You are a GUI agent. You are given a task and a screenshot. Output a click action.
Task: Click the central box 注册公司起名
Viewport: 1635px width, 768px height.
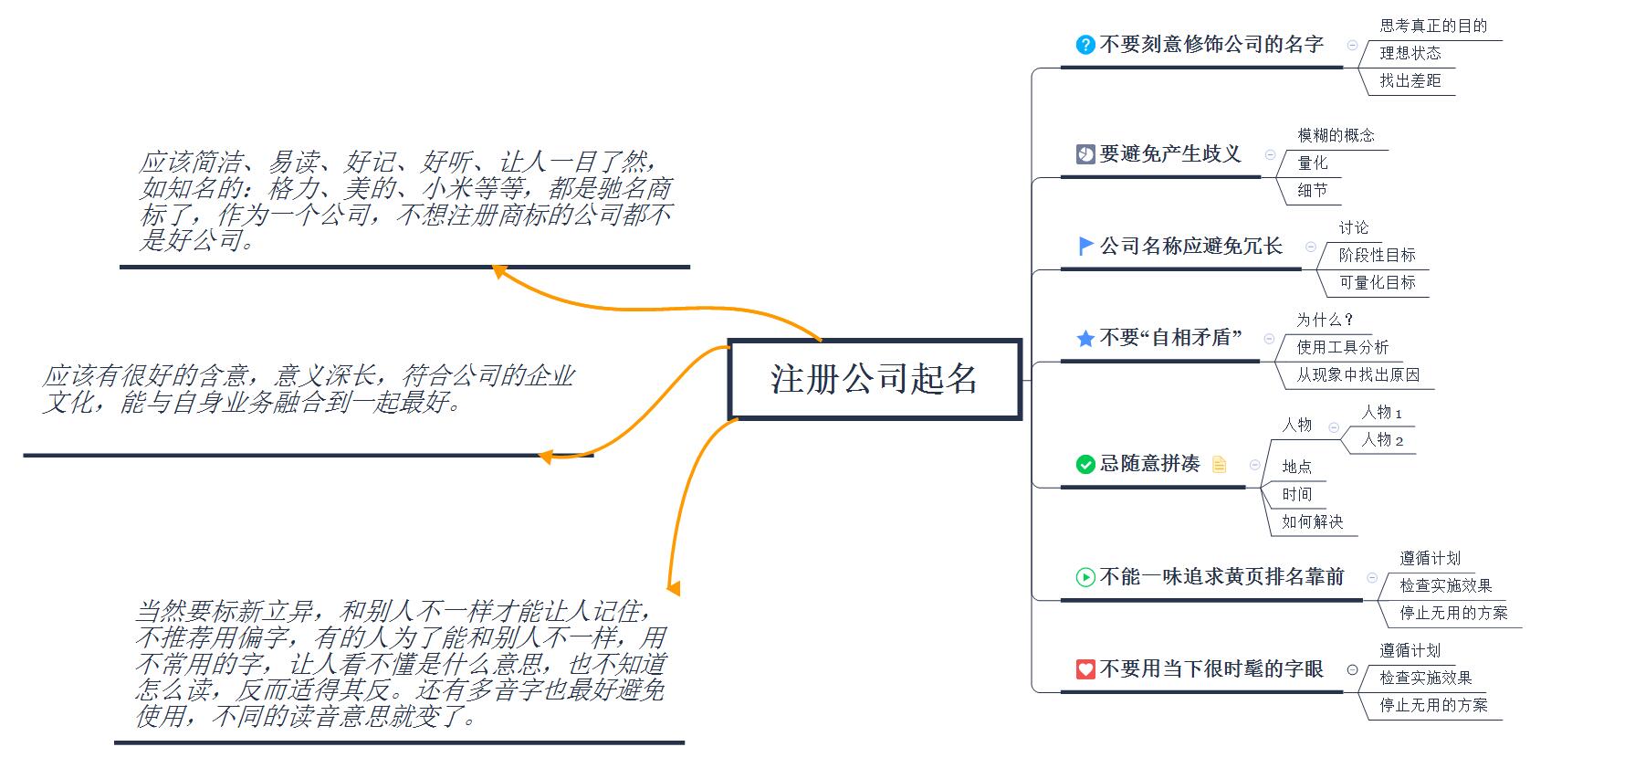pyautogui.click(x=874, y=379)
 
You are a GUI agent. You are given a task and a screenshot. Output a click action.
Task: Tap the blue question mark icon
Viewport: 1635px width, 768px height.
pyautogui.click(x=1085, y=45)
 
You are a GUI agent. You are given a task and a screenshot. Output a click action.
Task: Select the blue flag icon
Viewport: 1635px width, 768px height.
pyautogui.click(x=1085, y=246)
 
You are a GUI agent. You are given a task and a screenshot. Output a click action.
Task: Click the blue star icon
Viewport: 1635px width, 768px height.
pyautogui.click(x=1085, y=339)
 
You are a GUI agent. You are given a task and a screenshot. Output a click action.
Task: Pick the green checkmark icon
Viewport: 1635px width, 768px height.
pyautogui.click(x=1085, y=465)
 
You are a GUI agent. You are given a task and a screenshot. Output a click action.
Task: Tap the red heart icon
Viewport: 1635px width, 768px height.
pyautogui.click(x=1085, y=669)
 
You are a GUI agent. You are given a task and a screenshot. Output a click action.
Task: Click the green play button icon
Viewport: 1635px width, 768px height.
pyautogui.click(x=1085, y=577)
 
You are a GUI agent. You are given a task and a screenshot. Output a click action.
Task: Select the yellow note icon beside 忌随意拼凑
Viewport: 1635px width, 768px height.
pyautogui.click(x=1220, y=465)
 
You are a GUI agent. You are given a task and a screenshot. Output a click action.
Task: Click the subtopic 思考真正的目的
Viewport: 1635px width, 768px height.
pyautogui.click(x=1433, y=26)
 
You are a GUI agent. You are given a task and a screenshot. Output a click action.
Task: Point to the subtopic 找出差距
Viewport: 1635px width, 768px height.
pyautogui.click(x=1410, y=80)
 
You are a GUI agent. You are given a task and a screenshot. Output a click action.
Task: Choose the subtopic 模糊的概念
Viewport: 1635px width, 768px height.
pyautogui.click(x=1336, y=135)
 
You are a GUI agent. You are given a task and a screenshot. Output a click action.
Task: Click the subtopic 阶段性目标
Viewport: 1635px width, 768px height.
pyautogui.click(x=1377, y=255)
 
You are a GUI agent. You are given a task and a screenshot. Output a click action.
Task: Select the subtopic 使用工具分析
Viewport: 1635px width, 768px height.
pyautogui.click(x=1342, y=347)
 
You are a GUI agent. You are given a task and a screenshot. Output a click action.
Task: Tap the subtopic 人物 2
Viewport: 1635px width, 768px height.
pyautogui.click(x=1382, y=440)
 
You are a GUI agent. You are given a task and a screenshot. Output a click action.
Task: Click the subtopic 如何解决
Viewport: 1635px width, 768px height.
pyautogui.click(x=1312, y=521)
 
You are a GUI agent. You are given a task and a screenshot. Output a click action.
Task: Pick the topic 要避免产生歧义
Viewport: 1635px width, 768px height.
pyautogui.click(x=1170, y=153)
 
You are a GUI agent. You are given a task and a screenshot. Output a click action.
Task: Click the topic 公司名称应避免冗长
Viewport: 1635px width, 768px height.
pyautogui.click(x=1190, y=246)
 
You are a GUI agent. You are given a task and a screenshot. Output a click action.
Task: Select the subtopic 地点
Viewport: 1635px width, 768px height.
pyautogui.click(x=1296, y=467)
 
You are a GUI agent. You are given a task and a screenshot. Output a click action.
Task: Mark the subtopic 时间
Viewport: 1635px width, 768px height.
pyautogui.click(x=1296, y=494)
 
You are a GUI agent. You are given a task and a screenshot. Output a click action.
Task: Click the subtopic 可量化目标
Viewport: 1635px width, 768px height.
pyautogui.click(x=1377, y=282)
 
